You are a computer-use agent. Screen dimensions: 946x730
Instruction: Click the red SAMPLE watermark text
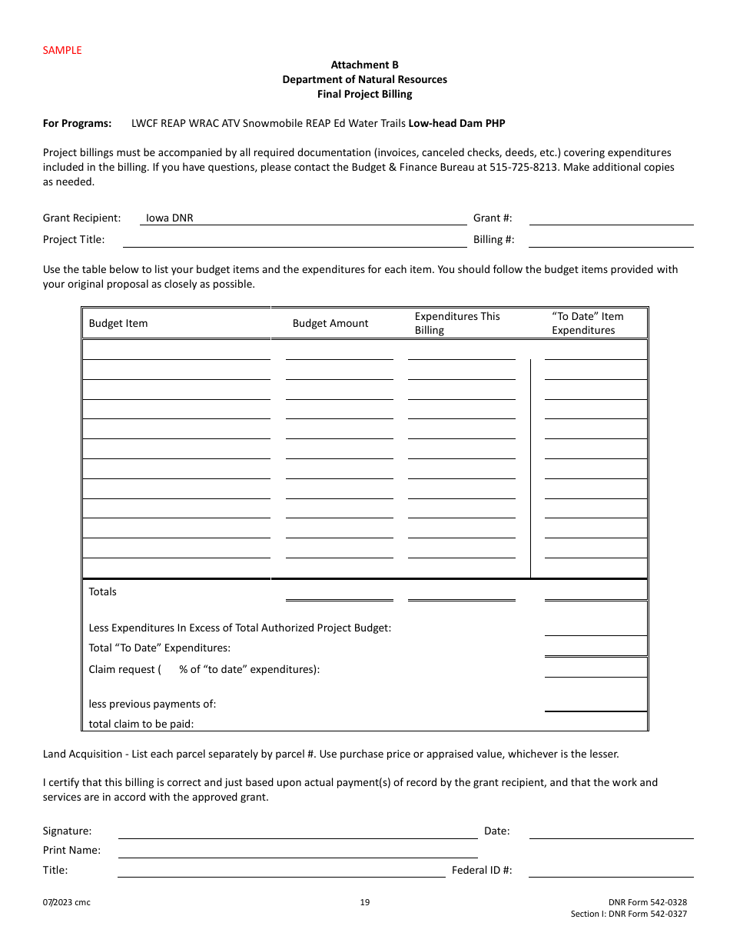(62, 50)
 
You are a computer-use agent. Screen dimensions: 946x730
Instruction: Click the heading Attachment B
(364, 65)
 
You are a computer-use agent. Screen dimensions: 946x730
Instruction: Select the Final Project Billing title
(364, 95)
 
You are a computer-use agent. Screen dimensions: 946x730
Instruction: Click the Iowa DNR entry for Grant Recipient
(170, 218)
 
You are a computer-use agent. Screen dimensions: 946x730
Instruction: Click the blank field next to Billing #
(611, 240)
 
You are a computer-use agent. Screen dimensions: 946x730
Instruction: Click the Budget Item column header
(118, 324)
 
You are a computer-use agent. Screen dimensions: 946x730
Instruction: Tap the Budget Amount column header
(330, 324)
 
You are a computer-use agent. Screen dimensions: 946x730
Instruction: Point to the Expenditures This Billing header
(456, 324)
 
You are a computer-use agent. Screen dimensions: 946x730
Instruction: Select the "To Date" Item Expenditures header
(587, 324)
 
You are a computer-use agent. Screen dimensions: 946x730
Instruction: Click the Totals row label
(103, 592)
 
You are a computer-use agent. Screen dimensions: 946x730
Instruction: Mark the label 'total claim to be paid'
(141, 724)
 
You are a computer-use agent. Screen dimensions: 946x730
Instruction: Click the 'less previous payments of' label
(152, 705)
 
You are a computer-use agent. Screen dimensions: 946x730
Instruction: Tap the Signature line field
(297, 831)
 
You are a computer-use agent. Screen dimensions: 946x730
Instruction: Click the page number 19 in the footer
(365, 903)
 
